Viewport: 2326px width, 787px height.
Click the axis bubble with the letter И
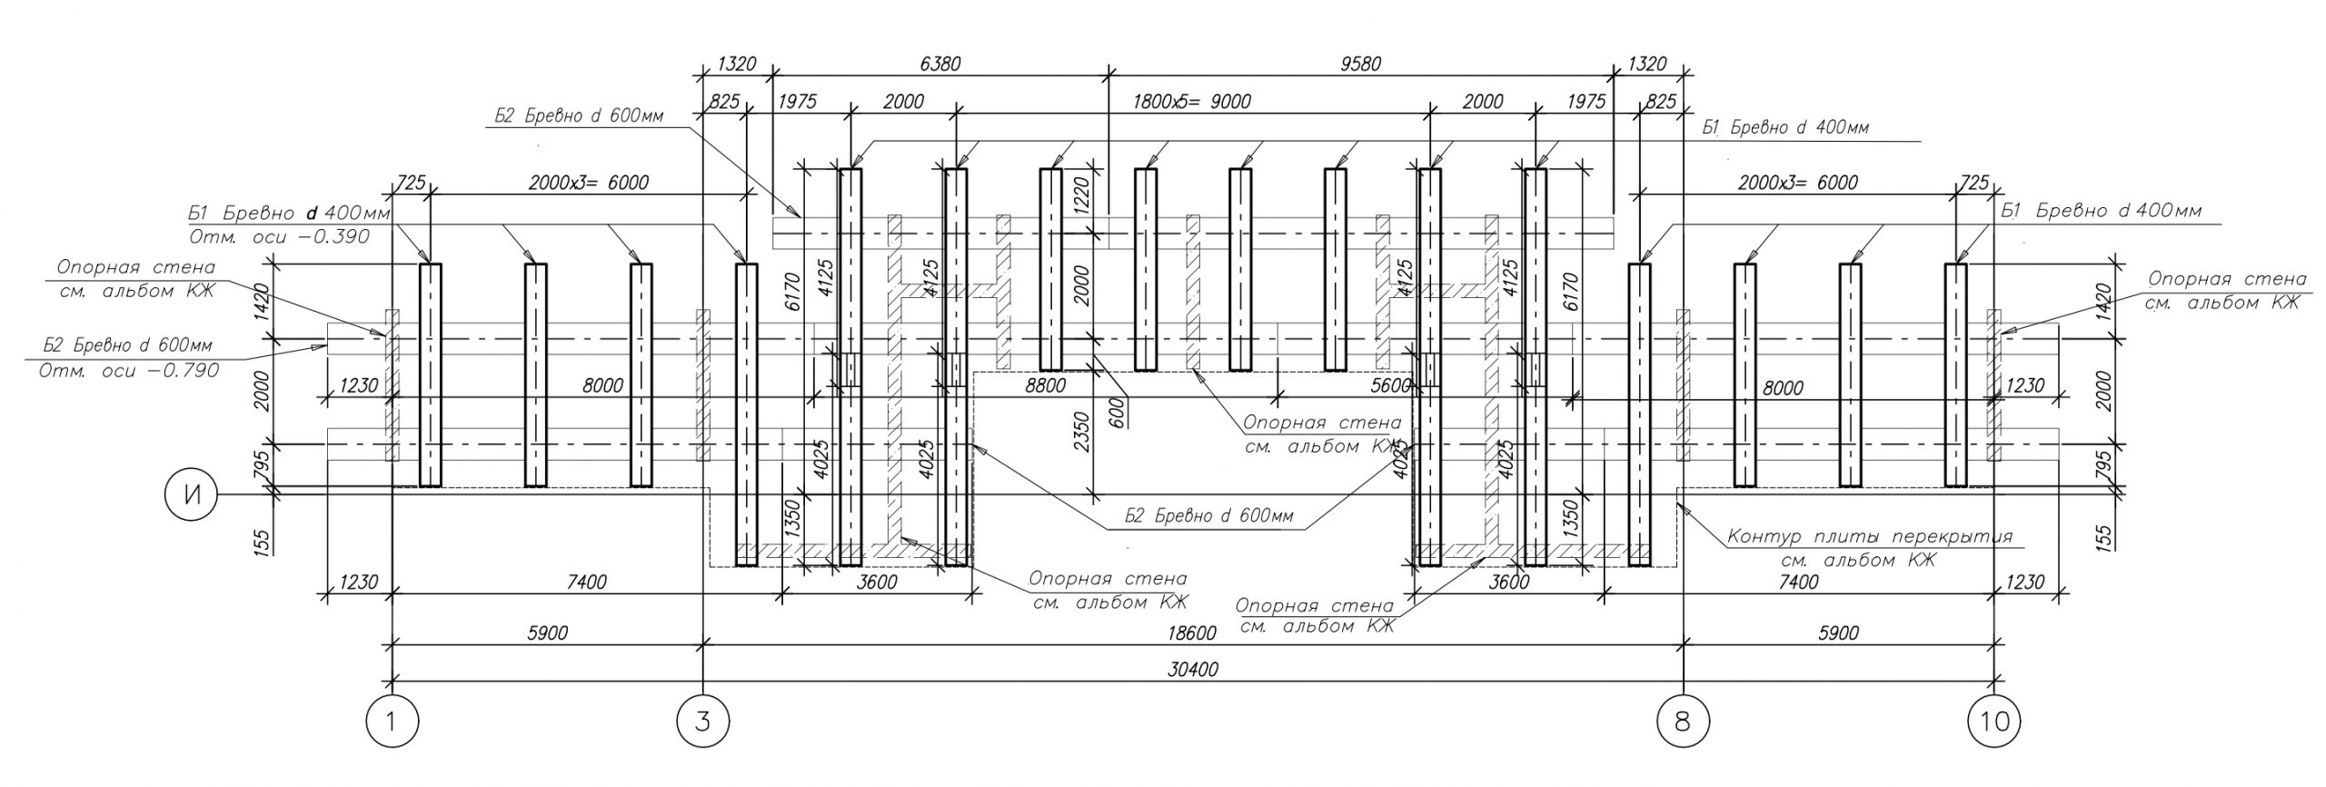pos(190,495)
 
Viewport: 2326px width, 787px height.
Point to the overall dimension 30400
pos(1192,670)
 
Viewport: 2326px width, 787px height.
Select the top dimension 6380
pos(939,64)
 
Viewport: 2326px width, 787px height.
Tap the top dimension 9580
pos(1359,64)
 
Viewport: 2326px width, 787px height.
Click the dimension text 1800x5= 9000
pos(1191,101)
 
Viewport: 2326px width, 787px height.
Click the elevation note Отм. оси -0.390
pos(278,237)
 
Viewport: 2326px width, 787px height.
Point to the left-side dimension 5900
pos(547,633)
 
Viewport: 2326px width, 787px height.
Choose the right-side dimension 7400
pos(1797,582)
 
